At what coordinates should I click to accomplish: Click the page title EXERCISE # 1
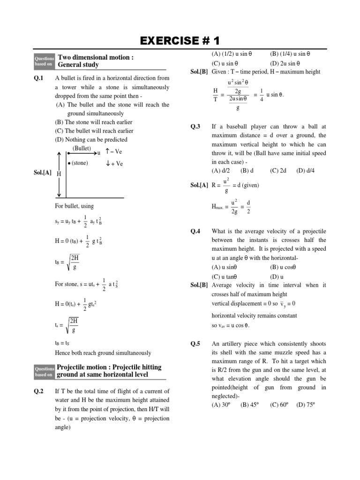click(180, 40)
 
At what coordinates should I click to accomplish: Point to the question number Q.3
click(195, 127)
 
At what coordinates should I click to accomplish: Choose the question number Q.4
click(195, 232)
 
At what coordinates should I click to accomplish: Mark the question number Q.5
click(195, 344)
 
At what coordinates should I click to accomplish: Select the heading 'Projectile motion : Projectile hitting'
click(109, 367)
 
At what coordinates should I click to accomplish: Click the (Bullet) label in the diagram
click(82, 149)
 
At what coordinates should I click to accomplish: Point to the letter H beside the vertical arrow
click(59, 173)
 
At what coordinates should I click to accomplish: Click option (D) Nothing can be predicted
click(91, 140)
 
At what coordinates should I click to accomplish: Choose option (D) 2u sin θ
click(286, 63)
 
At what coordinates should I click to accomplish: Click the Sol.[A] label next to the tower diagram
click(42, 173)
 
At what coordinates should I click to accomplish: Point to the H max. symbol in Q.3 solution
click(220, 206)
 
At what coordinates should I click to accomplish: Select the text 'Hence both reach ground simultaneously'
click(103, 352)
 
